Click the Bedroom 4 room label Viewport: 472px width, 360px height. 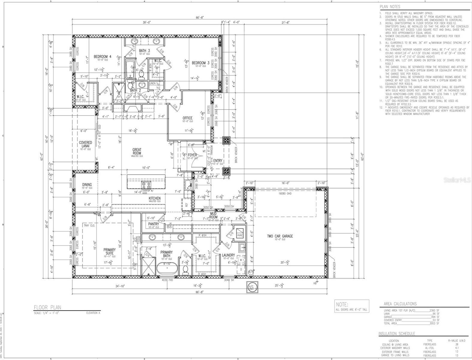(103, 56)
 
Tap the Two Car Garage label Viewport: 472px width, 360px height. (280, 236)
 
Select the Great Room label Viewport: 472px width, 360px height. (137, 151)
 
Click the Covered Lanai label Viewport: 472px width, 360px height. (85, 144)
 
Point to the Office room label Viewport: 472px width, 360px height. (187, 118)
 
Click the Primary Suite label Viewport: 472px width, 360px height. (109, 251)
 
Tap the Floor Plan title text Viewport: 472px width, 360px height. (47, 307)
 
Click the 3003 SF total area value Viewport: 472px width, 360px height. (434, 323)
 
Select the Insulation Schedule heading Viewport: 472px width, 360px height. (397, 334)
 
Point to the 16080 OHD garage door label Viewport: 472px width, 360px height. (285, 193)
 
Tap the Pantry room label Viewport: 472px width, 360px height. (154, 224)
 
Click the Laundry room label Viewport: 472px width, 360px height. (228, 255)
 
